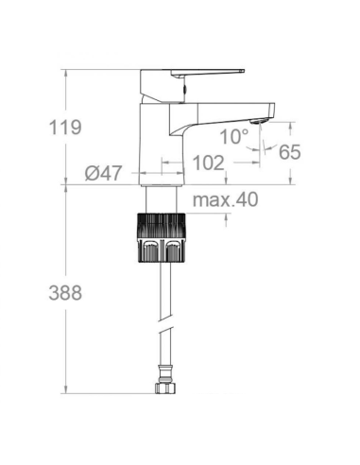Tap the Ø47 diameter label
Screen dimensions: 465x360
103,172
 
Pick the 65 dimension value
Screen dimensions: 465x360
289,151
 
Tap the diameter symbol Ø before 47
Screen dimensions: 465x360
92,172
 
